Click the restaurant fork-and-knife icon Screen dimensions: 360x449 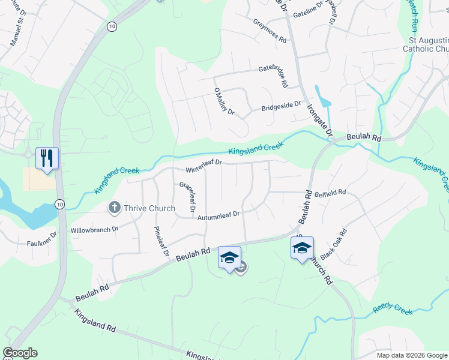point(47,158)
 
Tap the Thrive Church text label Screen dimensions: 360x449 point(149,209)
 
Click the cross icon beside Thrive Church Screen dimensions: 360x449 point(114,209)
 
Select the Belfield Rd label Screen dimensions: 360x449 point(331,193)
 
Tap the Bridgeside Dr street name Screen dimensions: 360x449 point(280,106)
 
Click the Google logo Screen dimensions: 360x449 point(20,353)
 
